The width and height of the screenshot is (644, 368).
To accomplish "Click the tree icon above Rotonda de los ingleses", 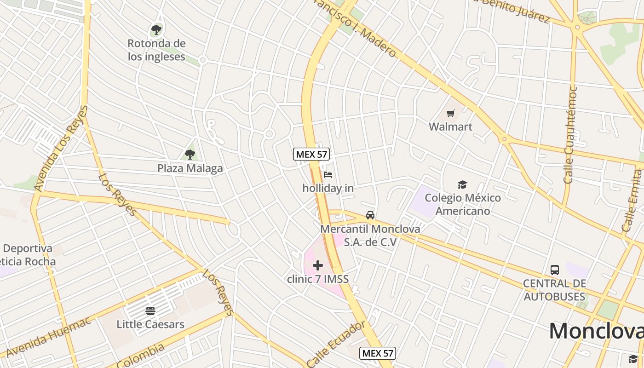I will (x=156, y=30).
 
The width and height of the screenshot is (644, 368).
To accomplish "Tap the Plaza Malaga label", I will (x=190, y=168).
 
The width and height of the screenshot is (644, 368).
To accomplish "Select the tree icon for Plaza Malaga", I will (x=190, y=154).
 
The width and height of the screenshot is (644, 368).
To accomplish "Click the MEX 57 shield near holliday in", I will (x=311, y=154).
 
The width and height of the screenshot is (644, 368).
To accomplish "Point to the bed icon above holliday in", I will (x=328, y=175).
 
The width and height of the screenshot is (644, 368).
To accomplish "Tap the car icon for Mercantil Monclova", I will (x=370, y=215).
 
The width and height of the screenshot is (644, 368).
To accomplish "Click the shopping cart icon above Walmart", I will (x=451, y=113).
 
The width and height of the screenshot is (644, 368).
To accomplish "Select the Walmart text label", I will (x=451, y=126).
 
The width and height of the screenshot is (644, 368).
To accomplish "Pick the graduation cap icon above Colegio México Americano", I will (x=462, y=185).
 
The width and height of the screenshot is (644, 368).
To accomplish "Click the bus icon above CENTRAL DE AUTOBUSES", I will (x=555, y=270).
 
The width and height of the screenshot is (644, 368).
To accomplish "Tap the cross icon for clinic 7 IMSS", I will (x=318, y=265).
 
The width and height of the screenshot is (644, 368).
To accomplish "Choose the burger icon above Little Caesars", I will (x=150, y=311).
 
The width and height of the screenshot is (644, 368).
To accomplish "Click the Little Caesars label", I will (x=150, y=324).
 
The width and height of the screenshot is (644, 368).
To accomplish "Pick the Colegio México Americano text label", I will (x=463, y=204).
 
